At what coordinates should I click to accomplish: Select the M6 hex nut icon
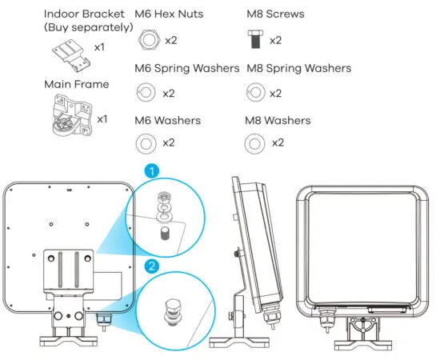point(147,40)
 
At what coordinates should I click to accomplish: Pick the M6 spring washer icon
point(147,93)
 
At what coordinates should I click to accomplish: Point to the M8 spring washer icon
point(254,93)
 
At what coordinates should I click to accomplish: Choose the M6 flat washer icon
point(147,144)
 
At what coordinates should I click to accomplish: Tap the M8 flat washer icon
point(254,144)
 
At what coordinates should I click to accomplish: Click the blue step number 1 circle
point(149,170)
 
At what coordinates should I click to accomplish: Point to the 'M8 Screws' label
point(275,14)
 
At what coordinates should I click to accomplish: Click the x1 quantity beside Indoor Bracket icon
point(101,48)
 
